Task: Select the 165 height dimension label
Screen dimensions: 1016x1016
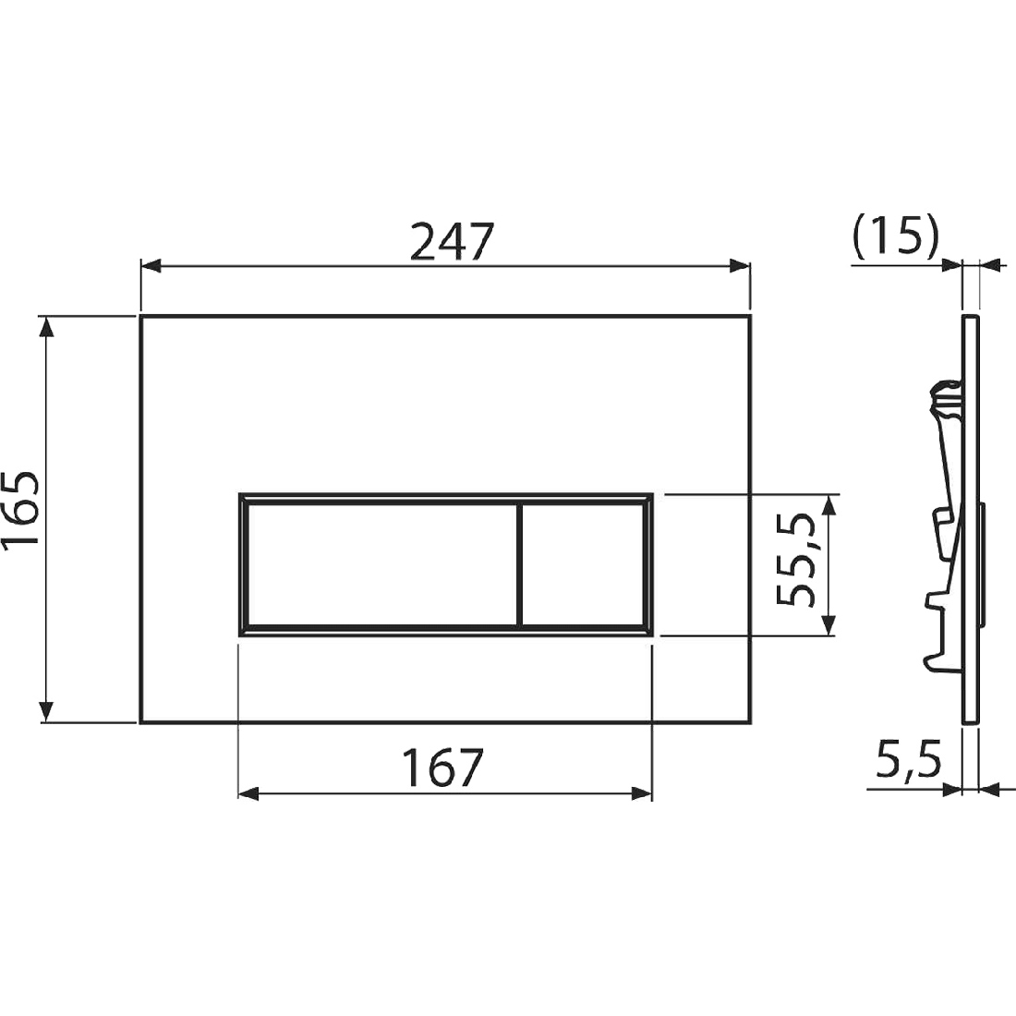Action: (21, 512)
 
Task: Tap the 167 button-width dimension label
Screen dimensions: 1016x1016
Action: (444, 768)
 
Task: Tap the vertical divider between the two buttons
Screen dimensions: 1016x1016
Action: (520, 564)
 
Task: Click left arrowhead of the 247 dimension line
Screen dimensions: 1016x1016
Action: (151, 265)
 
